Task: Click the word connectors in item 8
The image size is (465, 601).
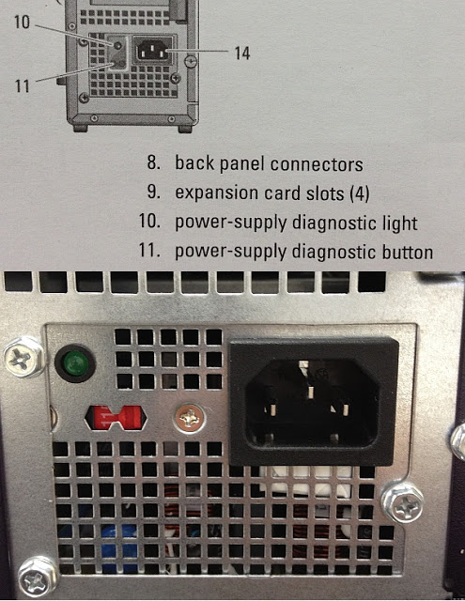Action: click(x=318, y=164)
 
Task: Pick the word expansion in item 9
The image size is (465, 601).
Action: click(x=213, y=193)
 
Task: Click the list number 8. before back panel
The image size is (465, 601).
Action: click(x=154, y=164)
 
